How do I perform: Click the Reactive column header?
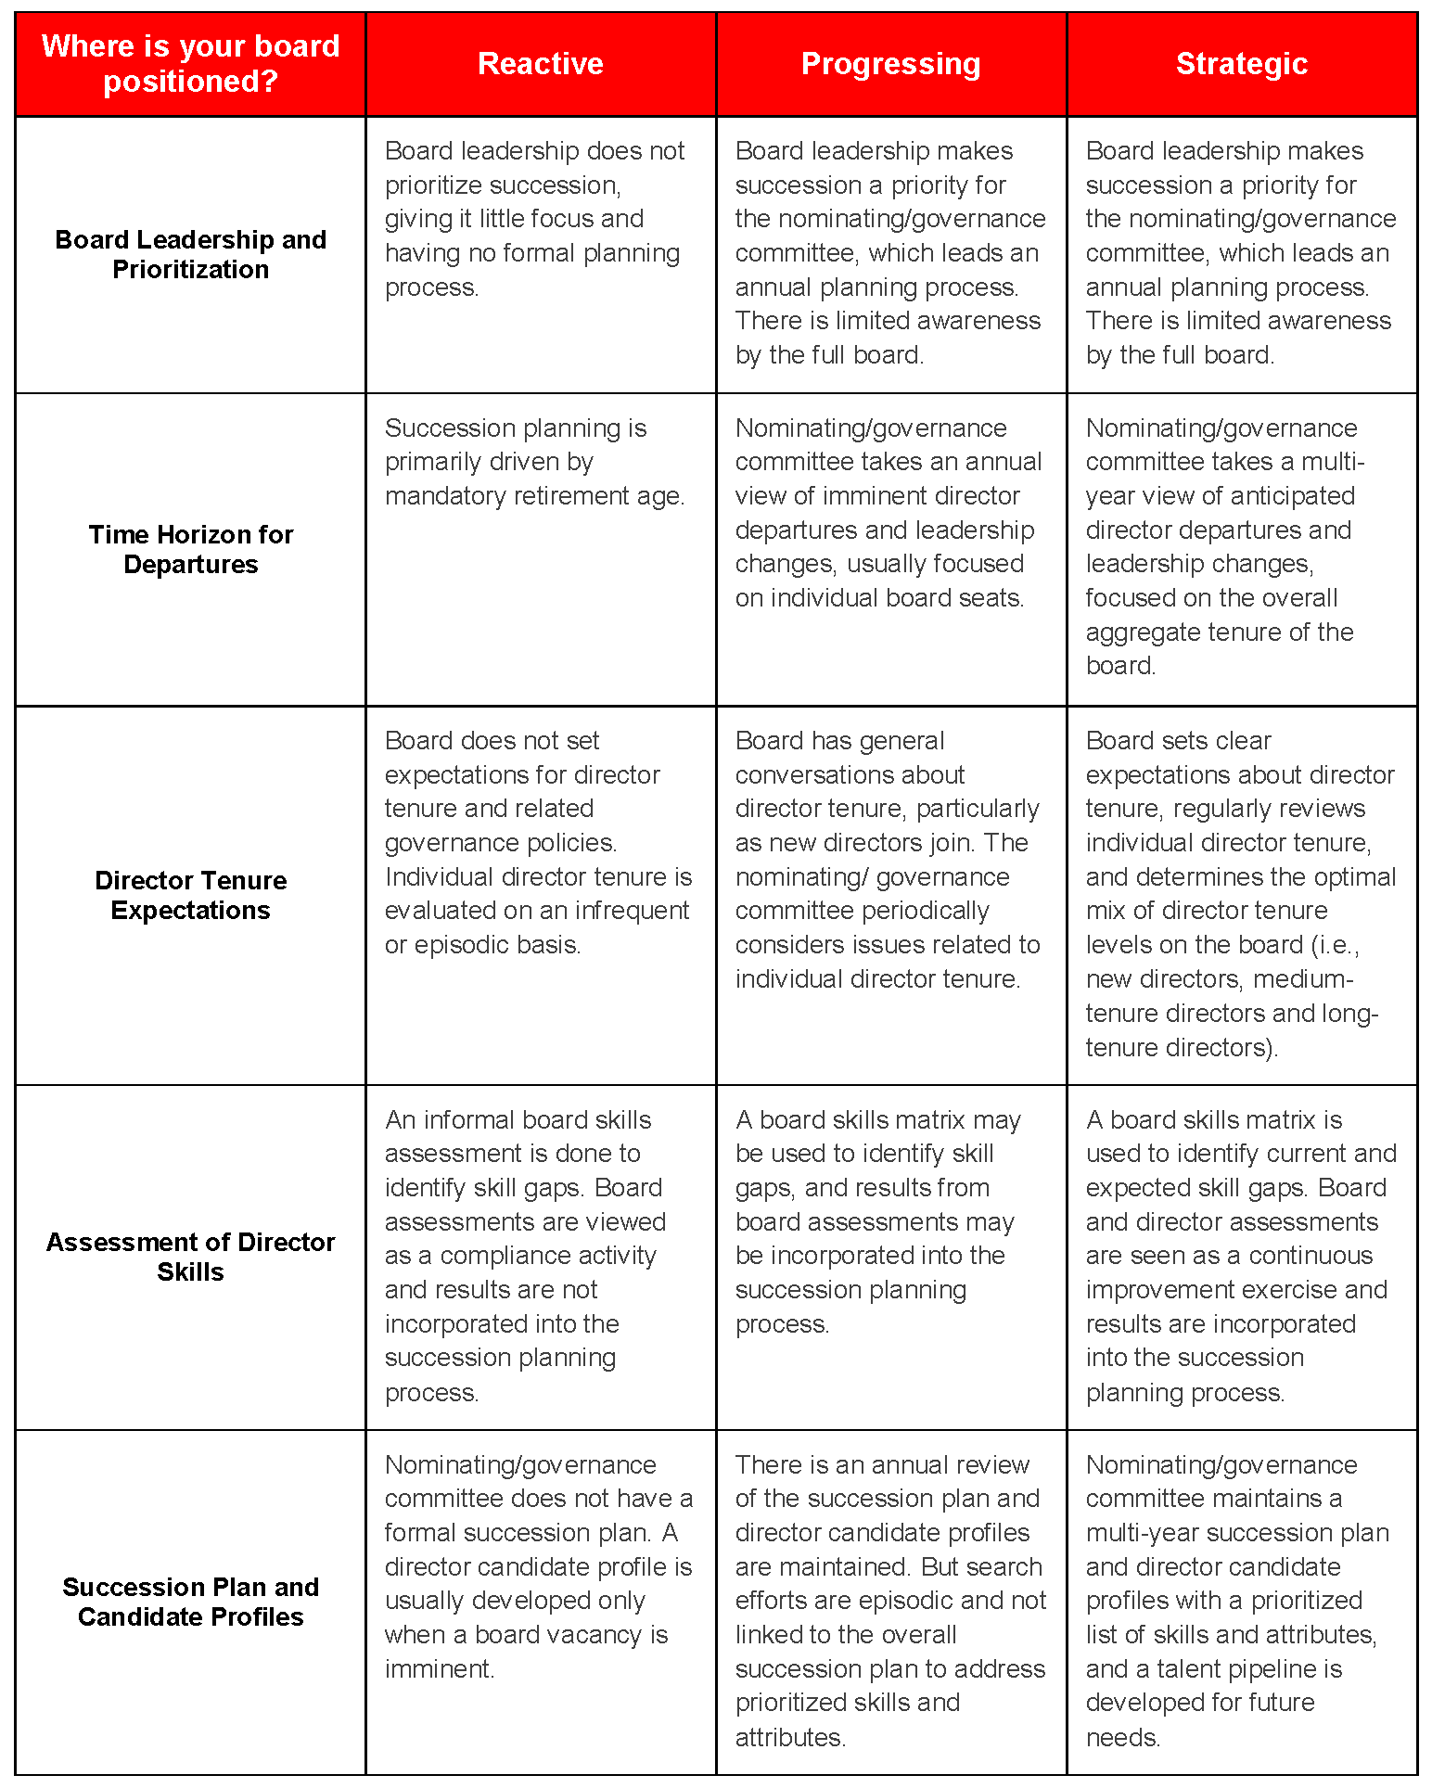click(540, 64)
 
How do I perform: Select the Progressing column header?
click(890, 64)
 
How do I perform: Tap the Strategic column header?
click(1241, 64)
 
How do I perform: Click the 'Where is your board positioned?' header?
click(190, 64)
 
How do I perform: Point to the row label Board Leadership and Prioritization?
click(190, 254)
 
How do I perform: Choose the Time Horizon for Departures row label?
click(190, 549)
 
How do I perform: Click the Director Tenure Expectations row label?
click(190, 895)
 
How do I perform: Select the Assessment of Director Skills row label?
click(190, 1257)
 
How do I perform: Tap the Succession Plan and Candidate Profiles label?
click(190, 1602)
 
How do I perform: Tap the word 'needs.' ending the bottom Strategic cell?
click(1122, 1737)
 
